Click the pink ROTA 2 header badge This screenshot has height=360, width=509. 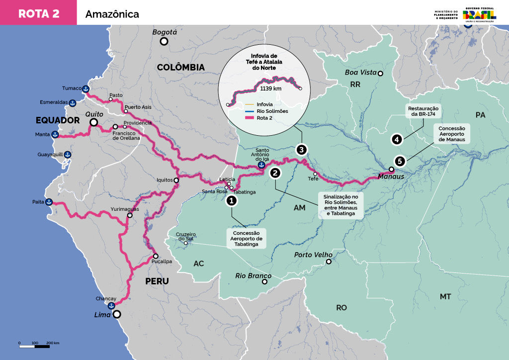coord(38,13)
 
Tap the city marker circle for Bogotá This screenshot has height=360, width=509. coord(164,42)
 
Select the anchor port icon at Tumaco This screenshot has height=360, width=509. coord(85,89)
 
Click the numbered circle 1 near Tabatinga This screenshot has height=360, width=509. coord(231,200)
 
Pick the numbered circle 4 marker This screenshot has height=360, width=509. coord(396,139)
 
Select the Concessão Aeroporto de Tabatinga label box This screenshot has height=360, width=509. coord(247,239)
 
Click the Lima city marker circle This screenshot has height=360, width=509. coord(117,314)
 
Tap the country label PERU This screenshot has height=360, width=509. coord(157,281)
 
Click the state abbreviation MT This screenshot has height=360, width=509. coord(445,296)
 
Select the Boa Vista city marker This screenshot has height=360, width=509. coord(380,74)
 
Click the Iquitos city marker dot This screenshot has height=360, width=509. coord(176,180)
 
